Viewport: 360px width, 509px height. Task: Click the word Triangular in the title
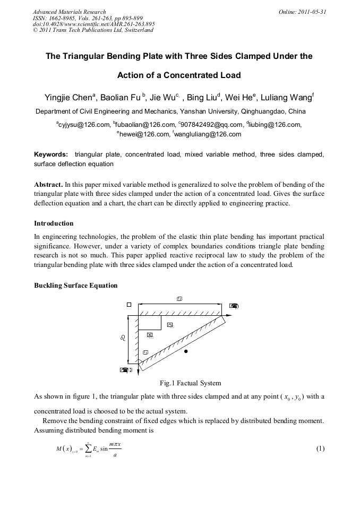(x=92, y=56)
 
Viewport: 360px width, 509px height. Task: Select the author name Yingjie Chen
(x=67, y=98)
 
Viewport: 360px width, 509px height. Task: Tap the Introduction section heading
(x=54, y=223)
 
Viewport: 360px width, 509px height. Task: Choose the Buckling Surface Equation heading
(x=76, y=285)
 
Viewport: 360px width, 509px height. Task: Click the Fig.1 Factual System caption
(x=190, y=383)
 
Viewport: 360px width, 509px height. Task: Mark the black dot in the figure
(x=185, y=351)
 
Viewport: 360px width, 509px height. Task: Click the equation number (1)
(x=320, y=448)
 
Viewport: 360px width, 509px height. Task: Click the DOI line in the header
(x=94, y=24)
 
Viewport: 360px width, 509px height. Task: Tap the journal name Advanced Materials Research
(x=69, y=12)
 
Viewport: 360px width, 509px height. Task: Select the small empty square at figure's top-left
(x=128, y=305)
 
